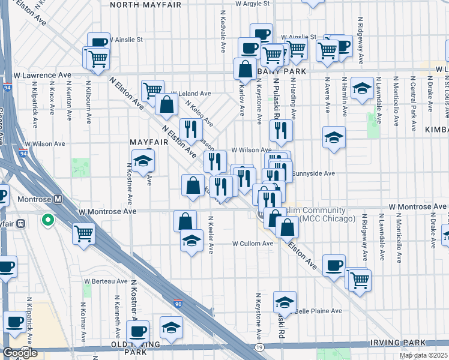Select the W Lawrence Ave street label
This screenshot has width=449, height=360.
(41, 76)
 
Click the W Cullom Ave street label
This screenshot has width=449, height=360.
(253, 244)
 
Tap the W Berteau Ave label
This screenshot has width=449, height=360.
(106, 281)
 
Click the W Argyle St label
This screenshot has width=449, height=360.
(256, 4)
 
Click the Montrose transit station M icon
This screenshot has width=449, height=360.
(58, 199)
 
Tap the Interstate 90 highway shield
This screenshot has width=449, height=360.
(178, 304)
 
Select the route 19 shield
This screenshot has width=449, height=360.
(259, 347)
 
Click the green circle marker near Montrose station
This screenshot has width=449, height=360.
(47, 220)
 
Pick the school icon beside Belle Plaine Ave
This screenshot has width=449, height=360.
(285, 302)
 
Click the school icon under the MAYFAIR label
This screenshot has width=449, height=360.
(143, 160)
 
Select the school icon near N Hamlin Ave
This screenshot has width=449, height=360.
(361, 89)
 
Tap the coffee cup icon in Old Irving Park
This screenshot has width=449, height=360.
(137, 331)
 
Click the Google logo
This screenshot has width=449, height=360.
(20, 353)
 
